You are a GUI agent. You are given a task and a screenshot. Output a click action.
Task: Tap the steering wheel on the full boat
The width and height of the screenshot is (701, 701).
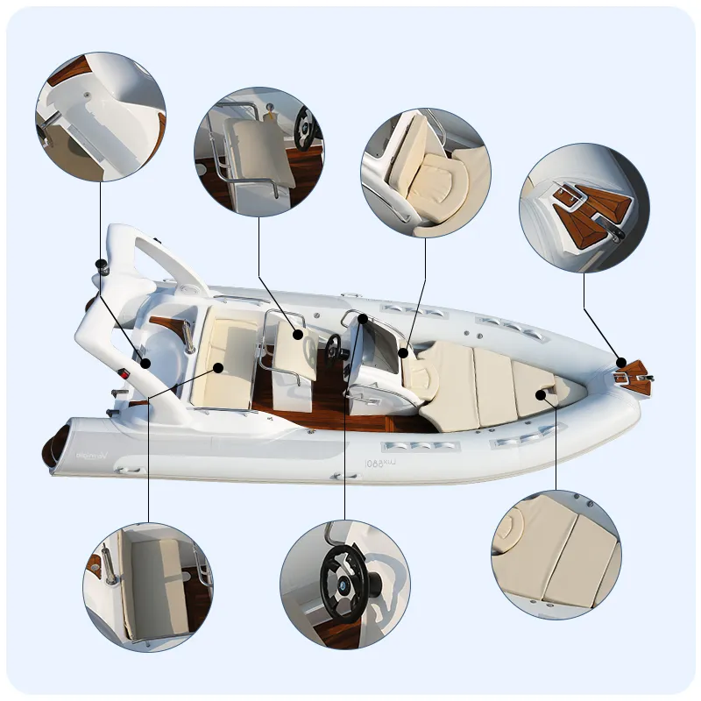coord(334,343)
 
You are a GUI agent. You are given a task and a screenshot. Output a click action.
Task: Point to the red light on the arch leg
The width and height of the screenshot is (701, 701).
coord(124,374)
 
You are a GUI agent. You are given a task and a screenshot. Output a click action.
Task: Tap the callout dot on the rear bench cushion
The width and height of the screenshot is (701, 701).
coord(218,367)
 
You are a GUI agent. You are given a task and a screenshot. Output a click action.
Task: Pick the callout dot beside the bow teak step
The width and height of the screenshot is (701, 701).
coord(620,362)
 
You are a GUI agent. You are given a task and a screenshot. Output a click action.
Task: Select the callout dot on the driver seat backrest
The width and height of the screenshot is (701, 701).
coord(298,334)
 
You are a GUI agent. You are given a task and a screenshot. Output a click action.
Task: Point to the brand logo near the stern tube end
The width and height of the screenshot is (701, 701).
coord(88,455)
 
